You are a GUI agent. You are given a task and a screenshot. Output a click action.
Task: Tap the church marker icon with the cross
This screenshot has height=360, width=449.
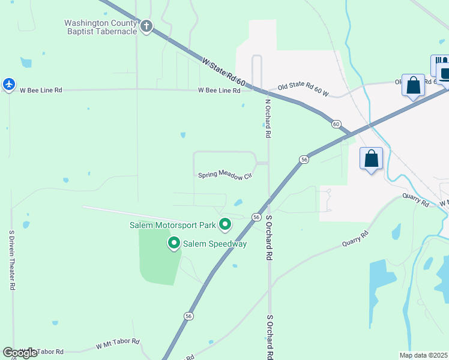146,26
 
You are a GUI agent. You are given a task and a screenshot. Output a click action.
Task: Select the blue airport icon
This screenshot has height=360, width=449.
8,84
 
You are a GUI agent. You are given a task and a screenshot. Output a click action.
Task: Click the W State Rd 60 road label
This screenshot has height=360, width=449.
224,71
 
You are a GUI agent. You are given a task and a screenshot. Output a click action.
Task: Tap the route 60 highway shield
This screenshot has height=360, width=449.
336,124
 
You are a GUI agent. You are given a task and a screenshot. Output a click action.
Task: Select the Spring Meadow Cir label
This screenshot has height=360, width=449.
224,175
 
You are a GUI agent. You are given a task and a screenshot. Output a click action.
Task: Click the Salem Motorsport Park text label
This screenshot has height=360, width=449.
173,226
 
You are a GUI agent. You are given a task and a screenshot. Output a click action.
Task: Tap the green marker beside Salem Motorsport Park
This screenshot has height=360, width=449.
225,225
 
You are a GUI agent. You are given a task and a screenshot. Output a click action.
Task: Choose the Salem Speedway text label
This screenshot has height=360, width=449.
215,244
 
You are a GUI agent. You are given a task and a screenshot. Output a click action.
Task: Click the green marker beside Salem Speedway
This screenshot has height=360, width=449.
174,243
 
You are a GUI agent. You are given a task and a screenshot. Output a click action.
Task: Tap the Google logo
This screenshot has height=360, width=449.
20,353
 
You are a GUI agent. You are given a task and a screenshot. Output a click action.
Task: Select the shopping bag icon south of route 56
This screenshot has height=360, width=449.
372,159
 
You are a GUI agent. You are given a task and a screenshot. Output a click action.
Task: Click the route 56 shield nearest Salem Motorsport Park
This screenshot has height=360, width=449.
256,217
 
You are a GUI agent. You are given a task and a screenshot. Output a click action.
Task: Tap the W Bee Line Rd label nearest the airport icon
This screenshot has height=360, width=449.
41,91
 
